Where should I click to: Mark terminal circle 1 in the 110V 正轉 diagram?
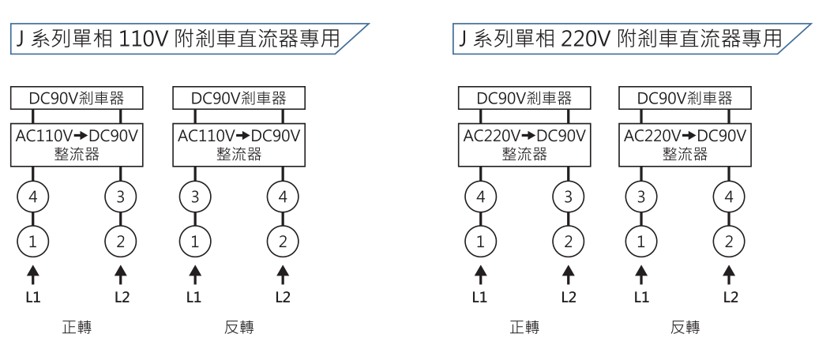pyautogui.click(x=33, y=242)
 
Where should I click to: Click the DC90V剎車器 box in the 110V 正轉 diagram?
pyautogui.click(x=77, y=99)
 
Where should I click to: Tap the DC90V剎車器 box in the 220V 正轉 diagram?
pyautogui.click(x=524, y=99)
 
